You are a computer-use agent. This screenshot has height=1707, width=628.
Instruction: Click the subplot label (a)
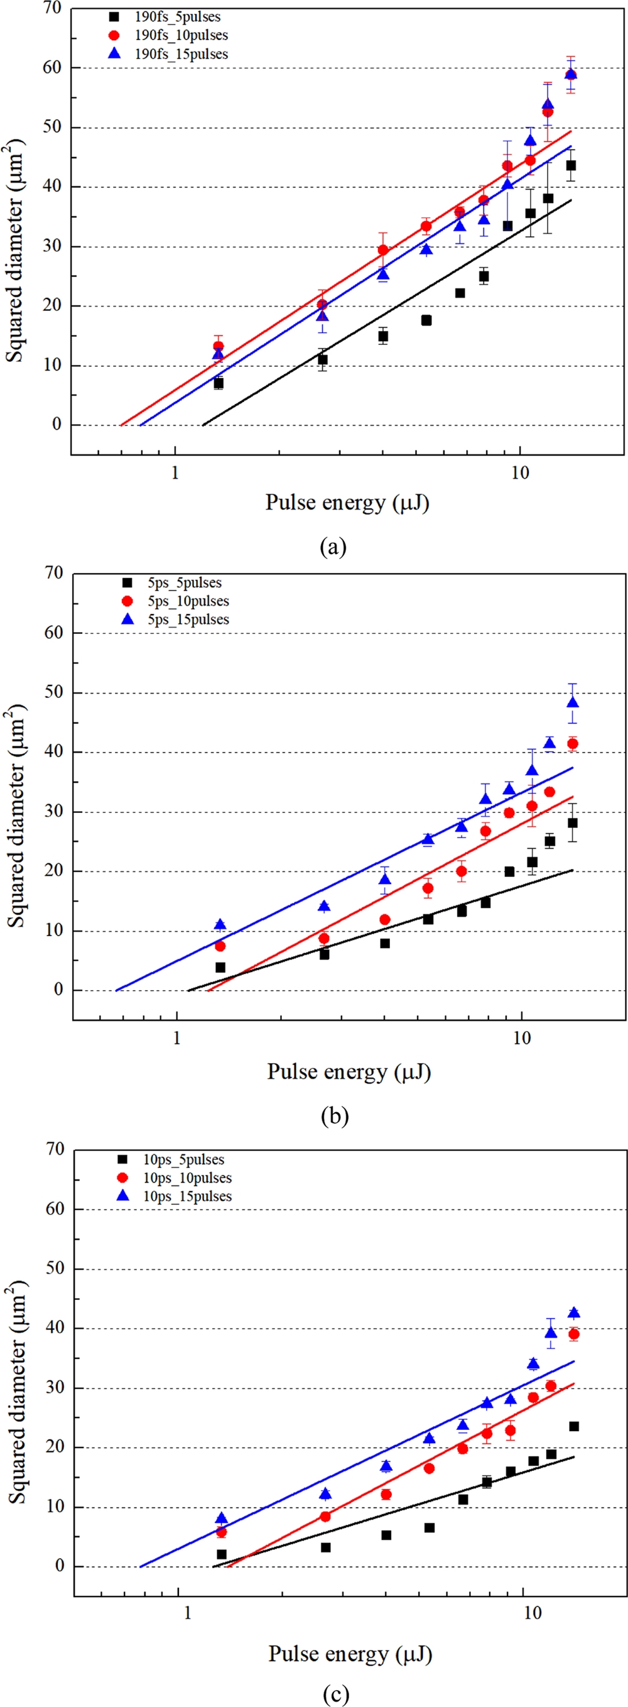pos(333,547)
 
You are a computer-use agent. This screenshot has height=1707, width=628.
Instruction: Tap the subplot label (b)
pos(334,1116)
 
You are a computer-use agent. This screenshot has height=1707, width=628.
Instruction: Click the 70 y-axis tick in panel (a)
pos(51,9)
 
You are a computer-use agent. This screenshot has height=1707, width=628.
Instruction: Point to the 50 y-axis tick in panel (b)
pos(53,692)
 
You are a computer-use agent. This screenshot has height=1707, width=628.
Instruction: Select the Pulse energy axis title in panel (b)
pos(349,1072)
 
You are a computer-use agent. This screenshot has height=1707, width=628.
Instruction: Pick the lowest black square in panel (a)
pos(219,383)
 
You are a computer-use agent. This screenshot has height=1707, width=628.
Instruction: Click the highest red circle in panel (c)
pos(574,1334)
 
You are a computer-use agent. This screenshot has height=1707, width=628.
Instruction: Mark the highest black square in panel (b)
pos(572,823)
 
